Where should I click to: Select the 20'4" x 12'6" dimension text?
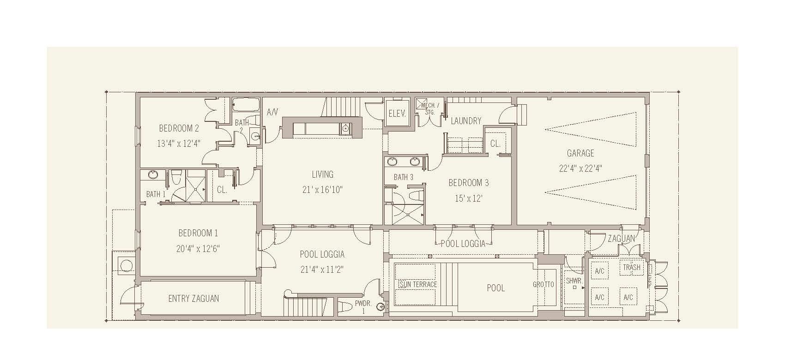[198, 249]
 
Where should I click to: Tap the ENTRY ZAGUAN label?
[193, 299]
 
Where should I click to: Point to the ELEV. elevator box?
[397, 114]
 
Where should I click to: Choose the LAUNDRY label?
[466, 121]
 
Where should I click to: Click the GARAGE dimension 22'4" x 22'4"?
[580, 168]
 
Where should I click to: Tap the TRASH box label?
[631, 267]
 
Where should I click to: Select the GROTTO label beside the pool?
[543, 284]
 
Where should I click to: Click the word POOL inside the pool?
[495, 288]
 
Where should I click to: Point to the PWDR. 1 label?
[361, 307]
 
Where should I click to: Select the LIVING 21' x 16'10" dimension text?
[322, 190]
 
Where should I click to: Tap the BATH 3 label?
[403, 177]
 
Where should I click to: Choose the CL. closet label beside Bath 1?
[222, 190]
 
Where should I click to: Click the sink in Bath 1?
[153, 175]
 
